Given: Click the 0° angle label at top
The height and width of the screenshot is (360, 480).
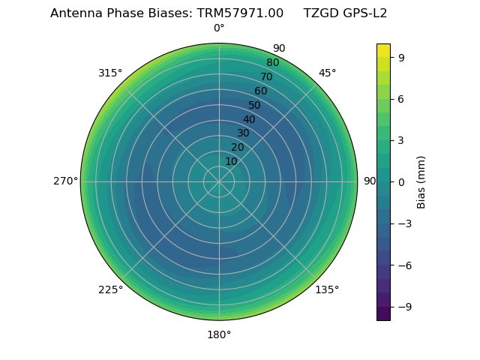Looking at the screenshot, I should tap(219, 28).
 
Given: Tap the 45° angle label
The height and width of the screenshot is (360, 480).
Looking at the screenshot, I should tap(327, 73).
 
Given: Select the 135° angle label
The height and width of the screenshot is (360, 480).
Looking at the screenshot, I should tap(327, 289).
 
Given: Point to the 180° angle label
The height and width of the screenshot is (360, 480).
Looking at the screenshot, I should tap(219, 334).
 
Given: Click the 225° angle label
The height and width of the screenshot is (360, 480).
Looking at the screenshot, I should tap(110, 289).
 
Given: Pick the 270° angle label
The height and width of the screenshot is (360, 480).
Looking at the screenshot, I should tap(65, 181).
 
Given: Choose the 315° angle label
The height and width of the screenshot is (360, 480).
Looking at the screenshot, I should tap(110, 73).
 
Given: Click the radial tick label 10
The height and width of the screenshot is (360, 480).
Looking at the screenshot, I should tap(231, 161).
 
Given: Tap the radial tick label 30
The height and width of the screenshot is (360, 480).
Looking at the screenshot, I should tap(243, 133).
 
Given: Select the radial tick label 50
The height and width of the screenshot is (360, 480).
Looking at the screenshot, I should tap(255, 105).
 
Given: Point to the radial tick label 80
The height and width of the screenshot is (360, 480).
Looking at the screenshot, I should tap(273, 63).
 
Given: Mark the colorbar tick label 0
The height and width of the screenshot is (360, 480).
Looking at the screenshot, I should tap(402, 181).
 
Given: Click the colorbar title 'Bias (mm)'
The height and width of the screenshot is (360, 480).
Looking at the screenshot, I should tap(421, 181).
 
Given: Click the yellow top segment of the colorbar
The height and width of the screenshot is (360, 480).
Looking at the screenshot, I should tap(383, 50).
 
